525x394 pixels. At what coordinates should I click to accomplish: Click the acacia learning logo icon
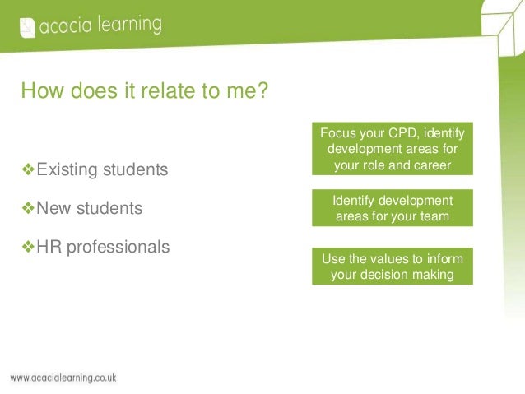26,28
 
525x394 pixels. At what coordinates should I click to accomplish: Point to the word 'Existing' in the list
67,170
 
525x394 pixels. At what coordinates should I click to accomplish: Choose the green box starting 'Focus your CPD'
393,149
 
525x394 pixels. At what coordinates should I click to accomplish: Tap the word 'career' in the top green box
432,165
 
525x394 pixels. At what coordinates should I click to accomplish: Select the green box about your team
393,209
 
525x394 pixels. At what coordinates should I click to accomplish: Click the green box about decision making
393,267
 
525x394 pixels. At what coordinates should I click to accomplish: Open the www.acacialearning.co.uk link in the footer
63,378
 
